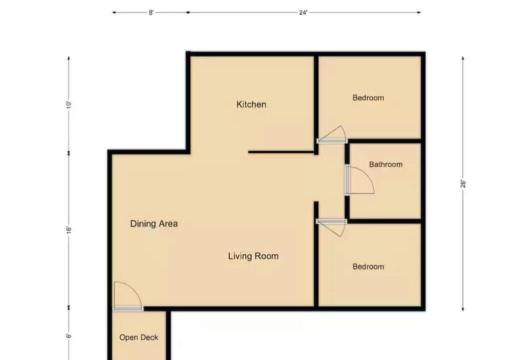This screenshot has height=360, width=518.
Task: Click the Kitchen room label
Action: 251,104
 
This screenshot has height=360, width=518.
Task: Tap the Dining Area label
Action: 154,224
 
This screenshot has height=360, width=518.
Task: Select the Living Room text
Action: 253,256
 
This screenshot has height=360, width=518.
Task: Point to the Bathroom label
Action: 386,164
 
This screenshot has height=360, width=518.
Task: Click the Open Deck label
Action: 139,337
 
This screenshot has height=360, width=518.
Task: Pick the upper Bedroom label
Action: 368,98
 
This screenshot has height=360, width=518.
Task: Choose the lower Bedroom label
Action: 368,267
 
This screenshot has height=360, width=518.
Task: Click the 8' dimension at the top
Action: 151,12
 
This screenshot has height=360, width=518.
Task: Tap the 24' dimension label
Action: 303,12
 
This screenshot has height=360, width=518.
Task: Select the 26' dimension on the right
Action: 463,184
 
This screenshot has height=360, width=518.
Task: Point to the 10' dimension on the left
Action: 69,105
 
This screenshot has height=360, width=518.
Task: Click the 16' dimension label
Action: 69,230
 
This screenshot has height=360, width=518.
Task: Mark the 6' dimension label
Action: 69,336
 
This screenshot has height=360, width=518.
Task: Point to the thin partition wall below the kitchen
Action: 281,152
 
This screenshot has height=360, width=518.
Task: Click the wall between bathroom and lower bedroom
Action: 385,221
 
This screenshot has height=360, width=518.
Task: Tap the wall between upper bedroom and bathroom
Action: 385,141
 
